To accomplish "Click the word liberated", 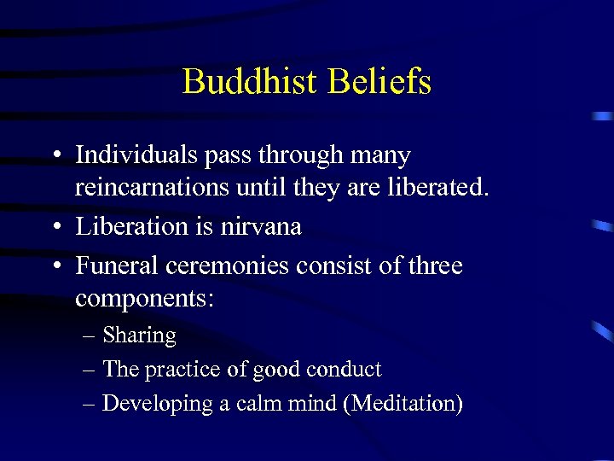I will [440, 187].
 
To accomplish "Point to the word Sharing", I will [139, 336].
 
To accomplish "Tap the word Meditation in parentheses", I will [403, 403].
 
